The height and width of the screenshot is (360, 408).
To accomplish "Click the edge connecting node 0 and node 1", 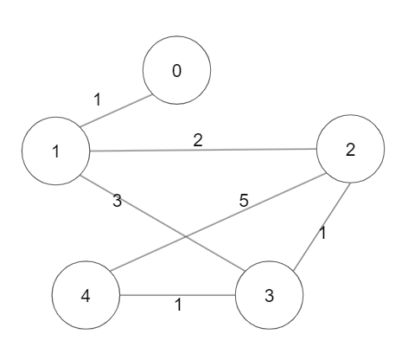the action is tap(116, 111).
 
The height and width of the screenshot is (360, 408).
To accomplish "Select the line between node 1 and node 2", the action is tap(203, 150).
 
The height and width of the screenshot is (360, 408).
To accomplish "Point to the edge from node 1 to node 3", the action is tap(163, 223).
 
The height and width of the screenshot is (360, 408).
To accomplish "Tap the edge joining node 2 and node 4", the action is tap(219, 222).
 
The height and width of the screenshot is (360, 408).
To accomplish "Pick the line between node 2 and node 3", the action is tap(322, 227).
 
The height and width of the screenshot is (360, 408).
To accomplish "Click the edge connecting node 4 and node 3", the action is tap(177, 295).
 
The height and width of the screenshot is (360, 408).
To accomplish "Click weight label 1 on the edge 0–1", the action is tap(98, 100).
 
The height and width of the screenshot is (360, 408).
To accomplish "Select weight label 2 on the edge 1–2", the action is tap(198, 140).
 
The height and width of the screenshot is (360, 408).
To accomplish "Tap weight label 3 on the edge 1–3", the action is tap(117, 201).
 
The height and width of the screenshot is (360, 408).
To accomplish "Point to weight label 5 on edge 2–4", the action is tap(244, 201).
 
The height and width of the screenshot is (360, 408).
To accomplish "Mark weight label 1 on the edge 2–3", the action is tap(323, 233).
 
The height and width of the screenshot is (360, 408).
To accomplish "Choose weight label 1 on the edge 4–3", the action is tap(179, 305).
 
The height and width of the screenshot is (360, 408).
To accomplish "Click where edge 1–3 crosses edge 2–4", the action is tap(186, 237).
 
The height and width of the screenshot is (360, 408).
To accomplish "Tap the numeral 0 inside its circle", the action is tap(177, 71).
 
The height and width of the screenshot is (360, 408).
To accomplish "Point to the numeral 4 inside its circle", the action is tap(86, 296).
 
